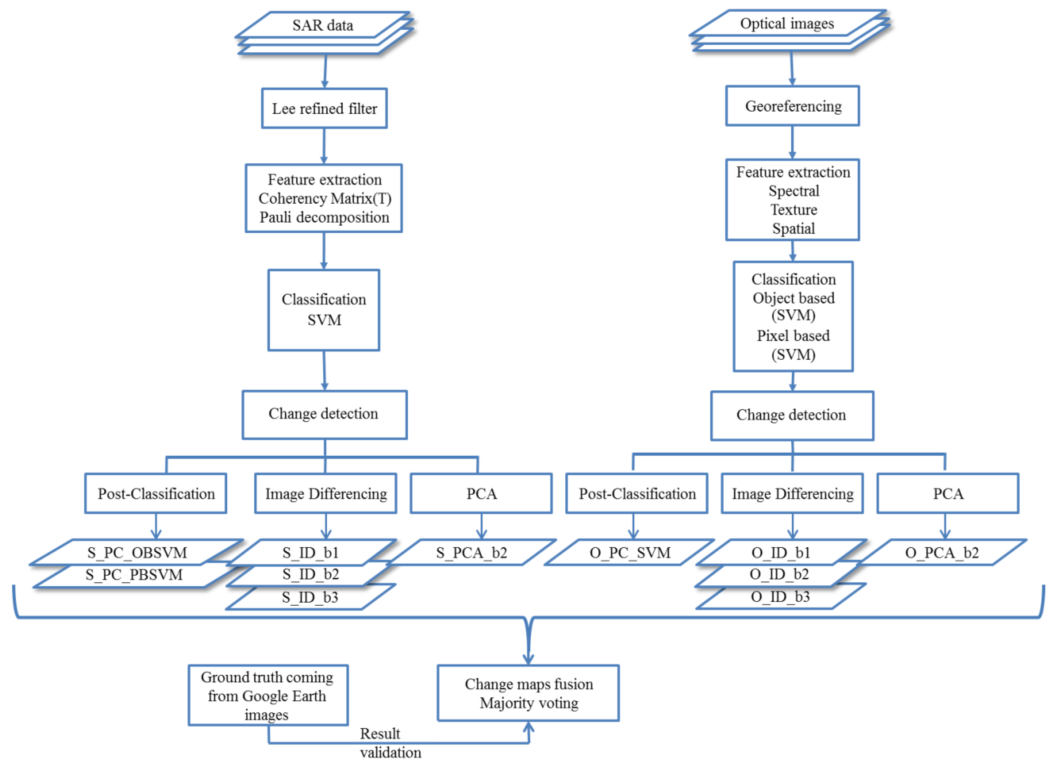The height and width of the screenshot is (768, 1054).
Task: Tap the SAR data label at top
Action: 323,25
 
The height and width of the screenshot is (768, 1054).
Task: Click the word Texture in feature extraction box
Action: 793,210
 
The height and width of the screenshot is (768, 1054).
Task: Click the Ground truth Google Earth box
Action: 268,695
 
